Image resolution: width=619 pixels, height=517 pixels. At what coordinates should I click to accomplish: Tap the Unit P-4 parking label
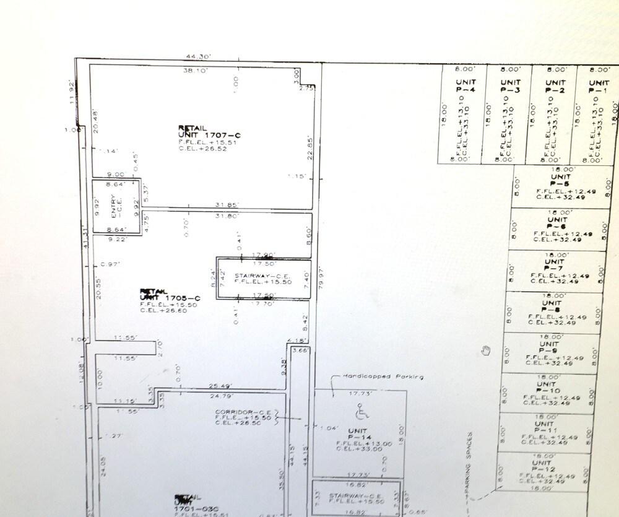point(465,86)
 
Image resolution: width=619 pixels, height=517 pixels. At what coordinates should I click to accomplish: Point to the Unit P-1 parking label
point(598,86)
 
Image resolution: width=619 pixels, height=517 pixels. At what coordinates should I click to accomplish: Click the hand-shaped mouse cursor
point(486,351)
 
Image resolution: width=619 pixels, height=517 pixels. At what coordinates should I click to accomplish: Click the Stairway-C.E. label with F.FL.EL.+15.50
point(254,278)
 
